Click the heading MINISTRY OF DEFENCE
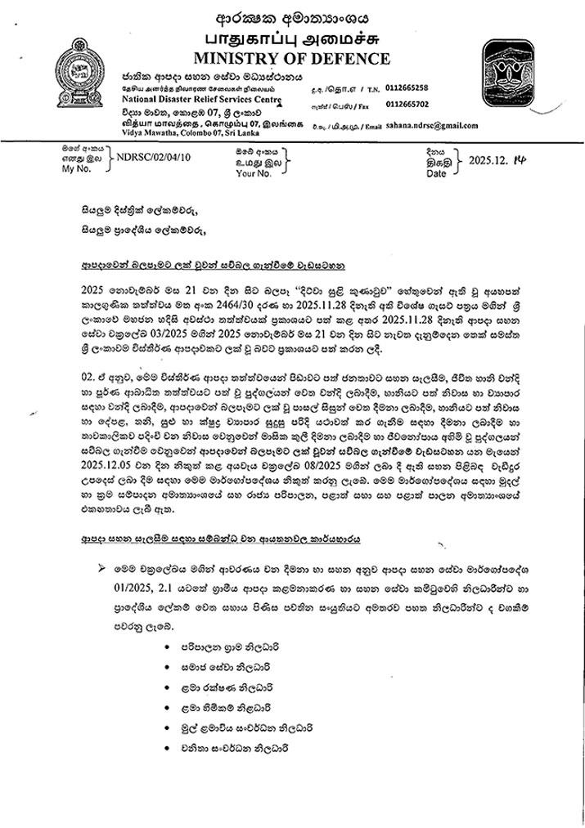coord(291,58)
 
